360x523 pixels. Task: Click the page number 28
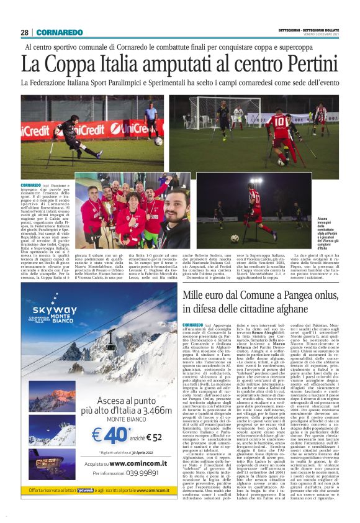point(24,32)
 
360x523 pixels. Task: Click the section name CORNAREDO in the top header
point(59,32)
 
